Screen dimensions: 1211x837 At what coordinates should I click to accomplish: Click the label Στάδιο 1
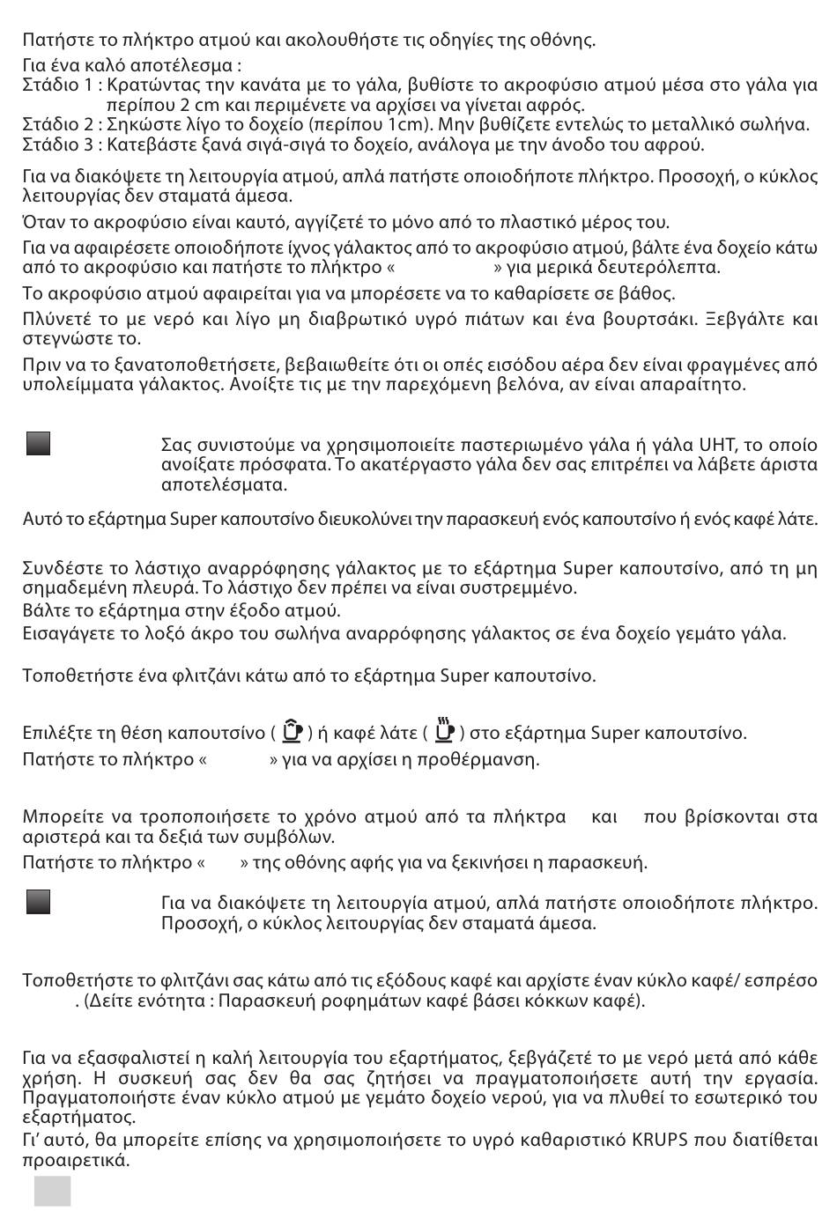(58, 85)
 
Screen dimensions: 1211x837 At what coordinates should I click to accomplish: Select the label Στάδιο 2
(58, 124)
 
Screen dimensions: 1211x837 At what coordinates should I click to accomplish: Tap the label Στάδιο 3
(58, 144)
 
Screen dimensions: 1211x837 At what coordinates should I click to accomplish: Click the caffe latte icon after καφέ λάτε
(445, 731)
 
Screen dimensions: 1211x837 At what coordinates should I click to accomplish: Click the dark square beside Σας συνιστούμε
(38, 443)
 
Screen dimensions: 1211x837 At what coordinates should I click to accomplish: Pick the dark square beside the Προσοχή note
(38, 902)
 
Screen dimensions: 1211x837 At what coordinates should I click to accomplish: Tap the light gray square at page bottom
(53, 1191)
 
